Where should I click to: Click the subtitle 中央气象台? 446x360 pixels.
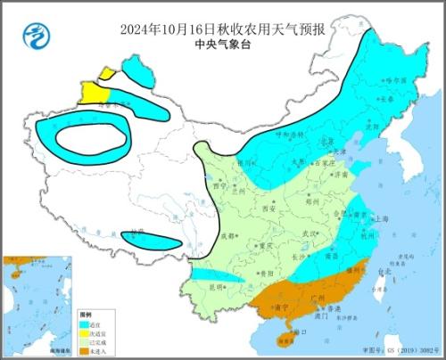point(222,40)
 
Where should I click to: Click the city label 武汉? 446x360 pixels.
point(310,233)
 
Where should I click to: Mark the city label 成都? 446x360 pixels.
point(229,235)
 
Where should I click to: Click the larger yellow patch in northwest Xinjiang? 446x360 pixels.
point(93,92)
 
